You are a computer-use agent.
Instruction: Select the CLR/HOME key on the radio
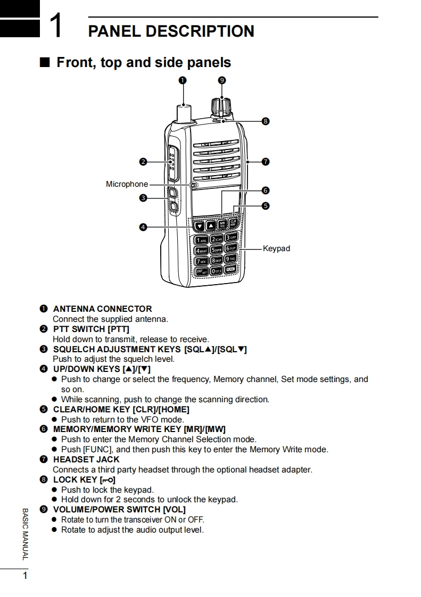coord(233,225)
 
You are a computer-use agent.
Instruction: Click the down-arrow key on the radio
coord(200,226)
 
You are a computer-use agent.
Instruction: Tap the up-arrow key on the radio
coord(211,226)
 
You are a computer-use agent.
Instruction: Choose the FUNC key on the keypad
coord(230,270)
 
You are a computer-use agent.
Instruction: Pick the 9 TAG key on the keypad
coord(230,259)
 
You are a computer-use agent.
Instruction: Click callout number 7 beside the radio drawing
coord(265,161)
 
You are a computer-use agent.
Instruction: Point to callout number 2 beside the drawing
coord(143,161)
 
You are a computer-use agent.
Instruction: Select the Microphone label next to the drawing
coord(127,184)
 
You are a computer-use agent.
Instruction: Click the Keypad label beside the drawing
coord(276,248)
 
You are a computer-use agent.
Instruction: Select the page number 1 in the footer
coord(24,576)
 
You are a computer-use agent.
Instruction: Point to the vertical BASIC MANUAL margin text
coord(24,534)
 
